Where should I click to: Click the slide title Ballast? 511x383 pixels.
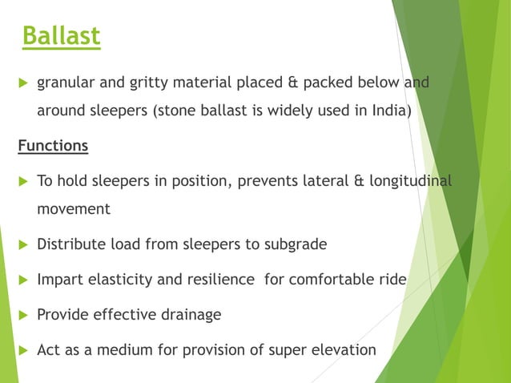click(61, 36)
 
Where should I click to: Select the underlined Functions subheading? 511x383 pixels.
click(53, 147)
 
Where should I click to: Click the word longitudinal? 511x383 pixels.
click(408, 181)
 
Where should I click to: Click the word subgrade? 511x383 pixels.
click(296, 244)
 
